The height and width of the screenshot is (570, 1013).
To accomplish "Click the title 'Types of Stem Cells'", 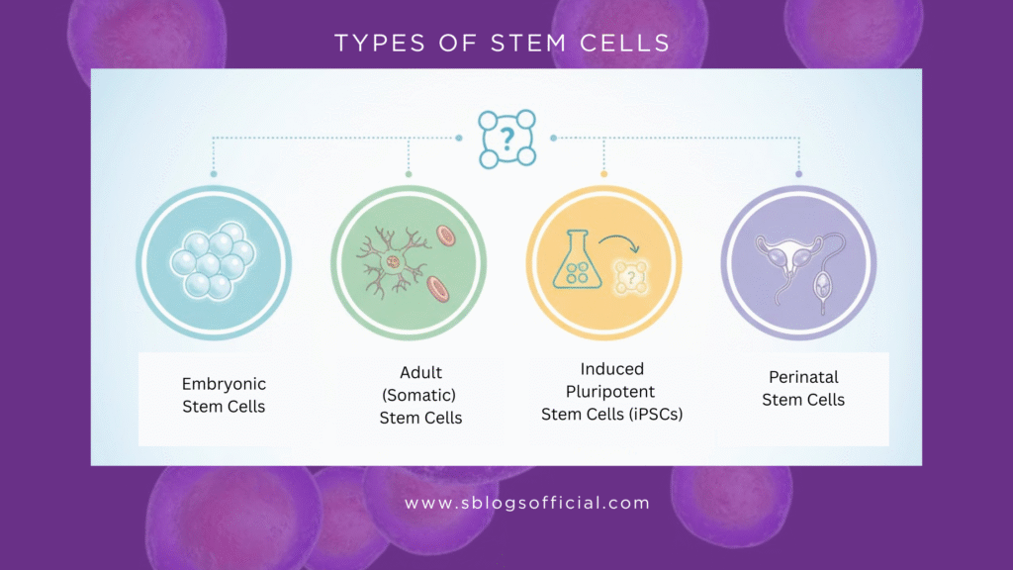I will click(x=502, y=43).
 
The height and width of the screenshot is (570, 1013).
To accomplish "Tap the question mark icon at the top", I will click(x=506, y=139).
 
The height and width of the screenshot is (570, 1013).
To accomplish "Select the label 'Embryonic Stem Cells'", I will click(x=224, y=394).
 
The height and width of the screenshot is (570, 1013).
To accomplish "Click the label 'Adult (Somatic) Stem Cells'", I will click(x=420, y=395).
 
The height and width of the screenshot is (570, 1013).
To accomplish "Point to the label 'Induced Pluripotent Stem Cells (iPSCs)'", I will click(x=612, y=391).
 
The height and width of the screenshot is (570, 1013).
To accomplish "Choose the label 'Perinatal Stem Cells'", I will click(x=803, y=388).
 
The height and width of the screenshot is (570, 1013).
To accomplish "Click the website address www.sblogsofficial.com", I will click(x=526, y=503).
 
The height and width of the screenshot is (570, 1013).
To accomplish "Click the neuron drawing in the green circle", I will click(x=390, y=262).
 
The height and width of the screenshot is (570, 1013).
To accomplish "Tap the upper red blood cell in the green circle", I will click(x=446, y=237).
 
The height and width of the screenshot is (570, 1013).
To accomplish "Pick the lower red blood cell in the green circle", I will click(x=437, y=289).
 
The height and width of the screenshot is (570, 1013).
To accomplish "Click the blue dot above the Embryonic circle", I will click(x=213, y=174).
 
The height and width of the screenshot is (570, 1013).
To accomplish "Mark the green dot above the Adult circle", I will click(x=409, y=174).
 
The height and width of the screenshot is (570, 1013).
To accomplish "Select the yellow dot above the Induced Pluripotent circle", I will click(x=603, y=174).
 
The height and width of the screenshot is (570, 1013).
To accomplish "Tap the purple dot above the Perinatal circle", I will click(x=799, y=174).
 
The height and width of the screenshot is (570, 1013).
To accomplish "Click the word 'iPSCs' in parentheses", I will click(x=653, y=414).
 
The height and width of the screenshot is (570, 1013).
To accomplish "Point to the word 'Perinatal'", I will click(x=803, y=377).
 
